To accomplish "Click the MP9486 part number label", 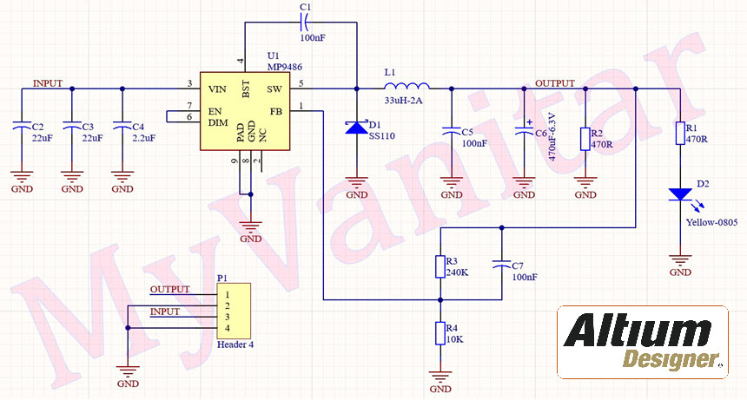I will pos(261,66).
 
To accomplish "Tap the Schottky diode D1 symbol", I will pos(356,128).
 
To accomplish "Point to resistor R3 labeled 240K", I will pos(440,266).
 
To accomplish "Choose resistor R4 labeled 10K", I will pos(440,333).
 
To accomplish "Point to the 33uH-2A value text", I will pos(403,101).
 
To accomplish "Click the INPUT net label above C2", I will pos(48,83).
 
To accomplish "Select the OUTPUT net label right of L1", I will pos(554,83).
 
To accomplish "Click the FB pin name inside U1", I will pos(275,111).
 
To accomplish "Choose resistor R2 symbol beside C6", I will pos(585,138).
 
